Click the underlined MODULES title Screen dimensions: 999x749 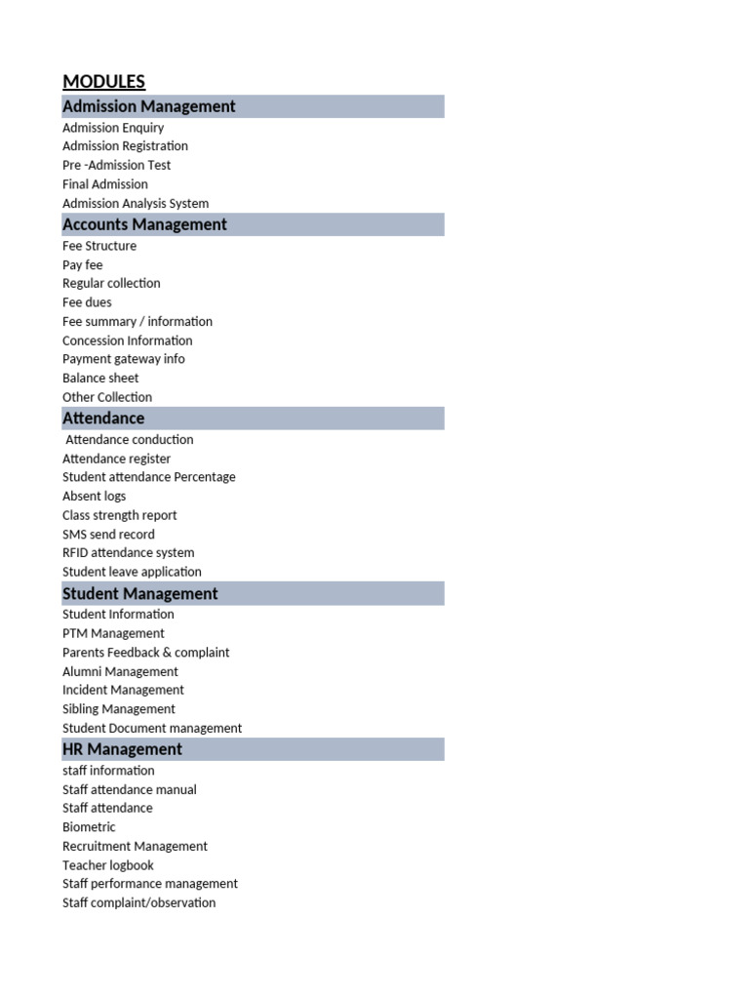tap(103, 82)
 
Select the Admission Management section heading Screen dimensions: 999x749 tap(148, 106)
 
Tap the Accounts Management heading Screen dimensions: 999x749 tap(144, 224)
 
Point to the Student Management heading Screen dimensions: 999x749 tap(139, 593)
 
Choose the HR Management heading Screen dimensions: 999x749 tap(122, 749)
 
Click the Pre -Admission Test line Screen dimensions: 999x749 tap(116, 165)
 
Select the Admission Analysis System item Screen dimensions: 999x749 tap(136, 203)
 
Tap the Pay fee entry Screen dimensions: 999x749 tap(82, 264)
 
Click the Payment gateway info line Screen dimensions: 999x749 tap(123, 359)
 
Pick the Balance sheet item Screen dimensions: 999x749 tap(100, 378)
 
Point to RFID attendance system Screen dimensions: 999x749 tap(128, 552)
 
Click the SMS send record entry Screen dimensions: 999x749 tap(108, 534)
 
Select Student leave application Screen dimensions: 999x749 tap(132, 572)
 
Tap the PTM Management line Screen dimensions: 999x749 tap(113, 633)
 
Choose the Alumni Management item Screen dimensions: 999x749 tap(120, 671)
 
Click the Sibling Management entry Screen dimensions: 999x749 tap(119, 709)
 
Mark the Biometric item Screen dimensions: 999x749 tap(89, 827)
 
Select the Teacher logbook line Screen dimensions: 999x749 tap(107, 865)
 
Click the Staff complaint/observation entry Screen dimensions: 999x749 tap(138, 903)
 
